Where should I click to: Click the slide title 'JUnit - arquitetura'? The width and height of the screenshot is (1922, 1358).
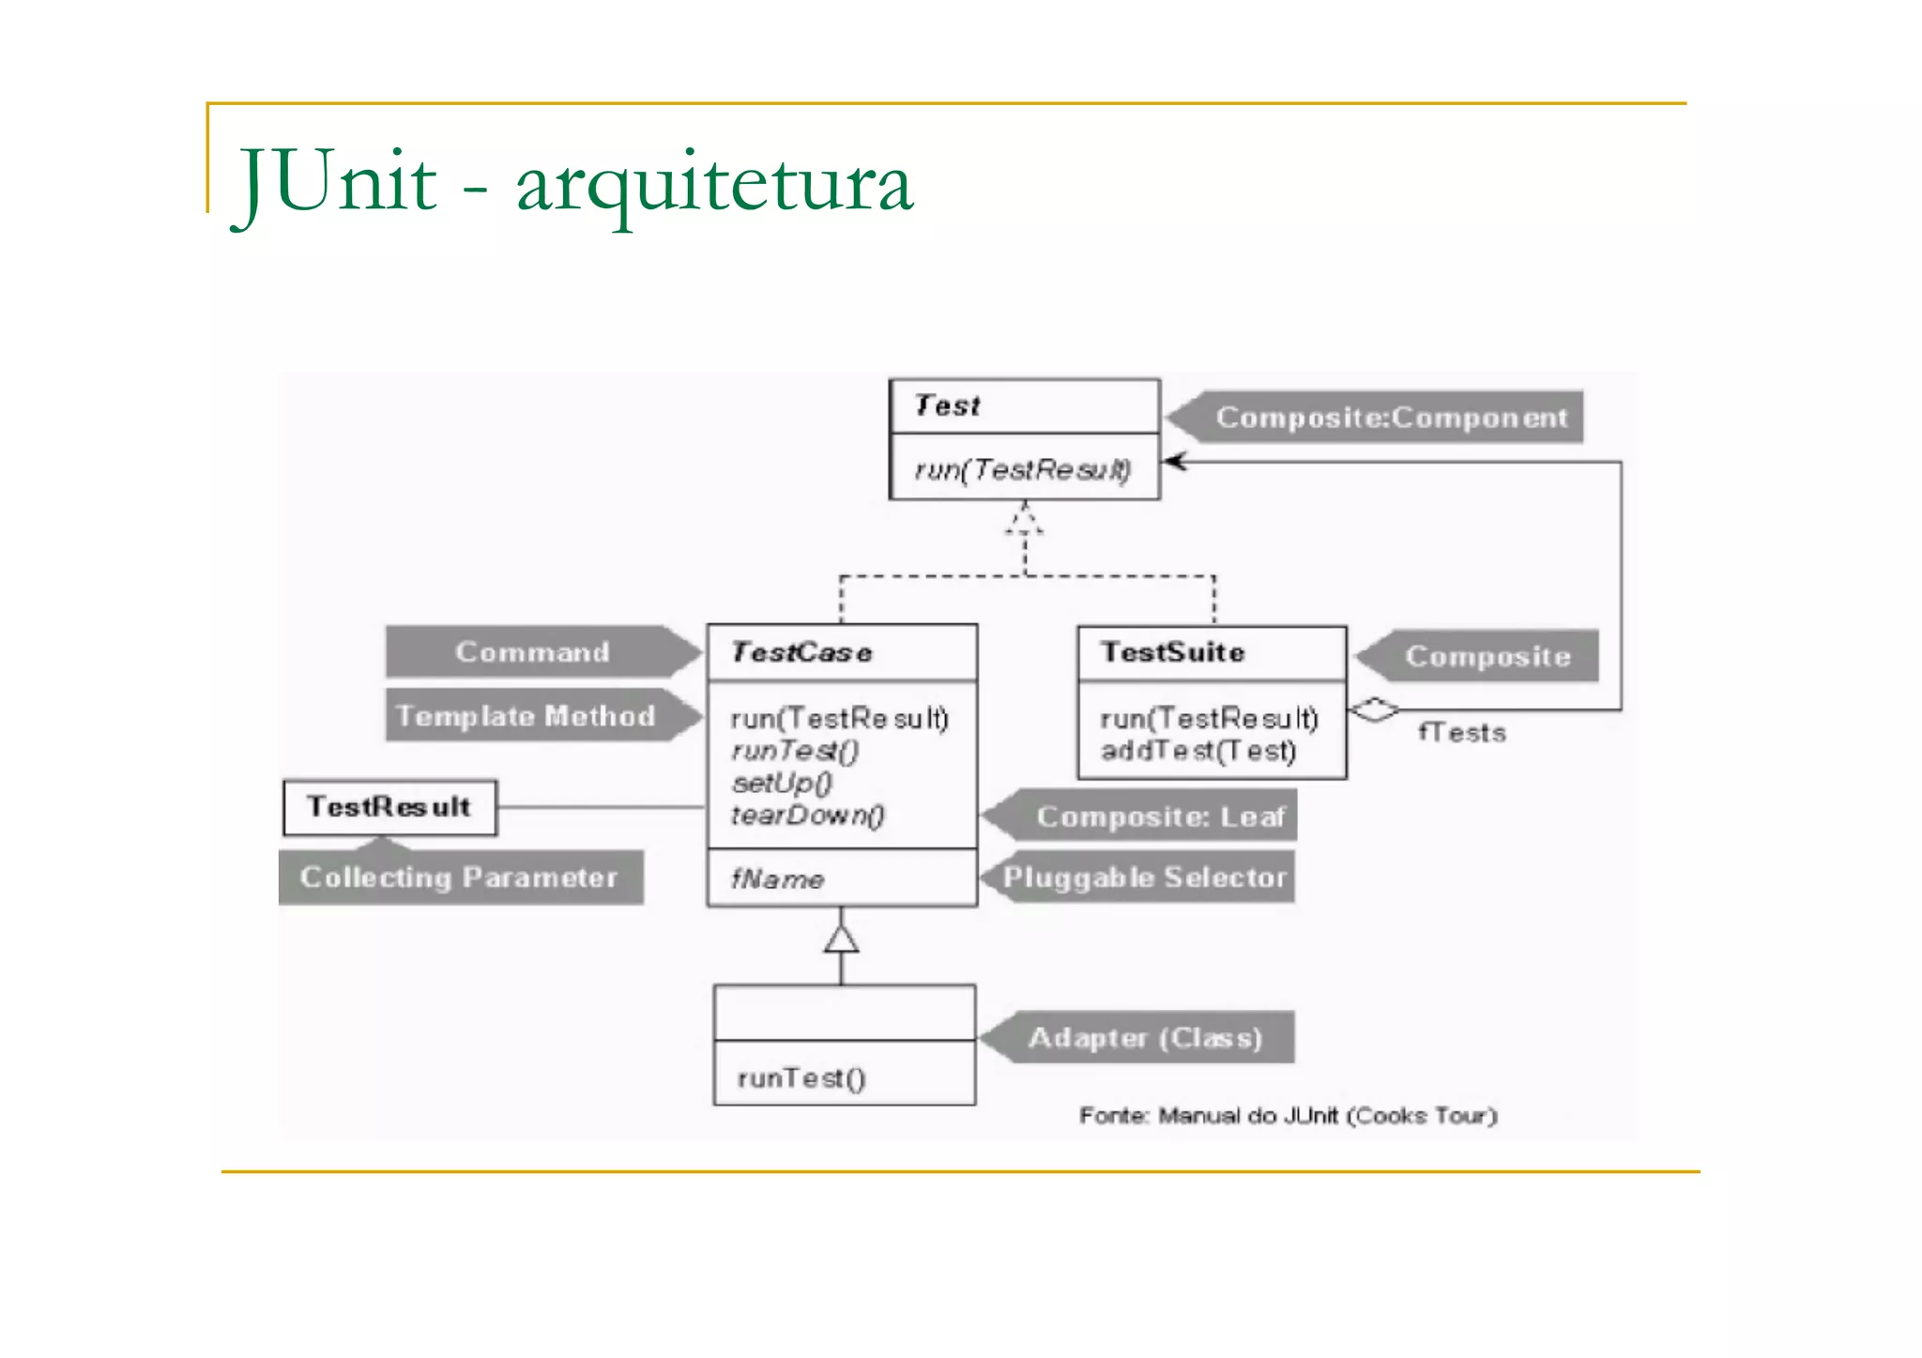tap(574, 182)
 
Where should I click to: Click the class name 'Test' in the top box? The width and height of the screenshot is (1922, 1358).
tap(947, 405)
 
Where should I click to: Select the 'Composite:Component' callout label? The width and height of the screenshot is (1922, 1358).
tap(1391, 418)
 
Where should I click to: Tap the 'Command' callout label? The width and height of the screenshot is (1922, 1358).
tap(532, 652)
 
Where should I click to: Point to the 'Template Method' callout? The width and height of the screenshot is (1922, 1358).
tap(526, 716)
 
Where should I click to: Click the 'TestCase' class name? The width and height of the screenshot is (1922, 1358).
tap(801, 652)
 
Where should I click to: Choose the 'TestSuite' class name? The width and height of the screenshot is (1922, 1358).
tap(1173, 652)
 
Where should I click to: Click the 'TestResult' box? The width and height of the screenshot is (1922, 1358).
tap(389, 807)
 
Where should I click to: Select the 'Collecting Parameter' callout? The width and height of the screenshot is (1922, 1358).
tap(459, 877)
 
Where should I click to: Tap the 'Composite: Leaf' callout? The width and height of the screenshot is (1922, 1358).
tap(1160, 816)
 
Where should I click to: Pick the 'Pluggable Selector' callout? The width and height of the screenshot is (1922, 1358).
tap(1144, 877)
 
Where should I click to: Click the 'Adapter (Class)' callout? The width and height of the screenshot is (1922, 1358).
tap(1145, 1038)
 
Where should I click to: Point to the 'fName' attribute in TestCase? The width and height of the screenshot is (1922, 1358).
tap(777, 879)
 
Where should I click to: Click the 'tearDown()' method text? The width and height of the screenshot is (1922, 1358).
tap(807, 816)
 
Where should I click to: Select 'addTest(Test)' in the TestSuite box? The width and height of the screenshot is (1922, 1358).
tap(1198, 751)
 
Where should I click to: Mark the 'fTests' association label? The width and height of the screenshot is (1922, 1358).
tap(1462, 733)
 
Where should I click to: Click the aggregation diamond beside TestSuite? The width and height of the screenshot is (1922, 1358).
tap(1374, 710)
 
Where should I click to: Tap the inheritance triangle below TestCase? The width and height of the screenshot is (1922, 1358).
tap(841, 938)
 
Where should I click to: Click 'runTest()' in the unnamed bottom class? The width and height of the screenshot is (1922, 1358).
tap(801, 1078)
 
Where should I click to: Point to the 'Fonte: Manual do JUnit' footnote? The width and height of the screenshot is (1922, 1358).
tap(1288, 1116)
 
